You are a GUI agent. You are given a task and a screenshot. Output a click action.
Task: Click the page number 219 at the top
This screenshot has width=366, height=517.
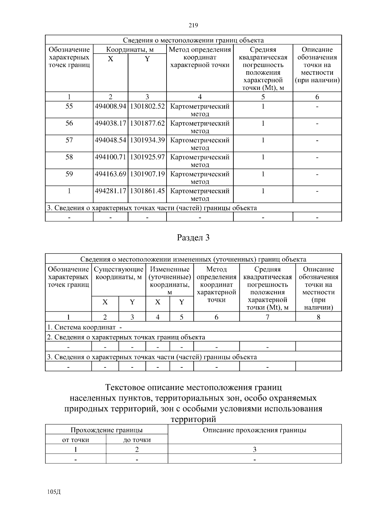pos(193,25)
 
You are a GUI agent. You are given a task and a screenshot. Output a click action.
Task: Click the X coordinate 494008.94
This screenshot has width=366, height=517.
pos(110,106)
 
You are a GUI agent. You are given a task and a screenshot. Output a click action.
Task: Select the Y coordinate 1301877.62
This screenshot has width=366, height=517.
pos(147,123)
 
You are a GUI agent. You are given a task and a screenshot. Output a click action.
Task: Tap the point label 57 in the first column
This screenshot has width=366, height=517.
pos(69,140)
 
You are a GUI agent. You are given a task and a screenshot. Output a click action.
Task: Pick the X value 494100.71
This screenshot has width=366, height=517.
pos(110,157)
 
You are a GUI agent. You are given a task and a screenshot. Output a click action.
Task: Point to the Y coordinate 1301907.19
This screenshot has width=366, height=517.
pos(147,174)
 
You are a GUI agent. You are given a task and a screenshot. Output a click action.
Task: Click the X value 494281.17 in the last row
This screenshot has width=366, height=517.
pos(110,191)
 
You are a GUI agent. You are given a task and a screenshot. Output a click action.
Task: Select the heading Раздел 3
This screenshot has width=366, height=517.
pos(193,238)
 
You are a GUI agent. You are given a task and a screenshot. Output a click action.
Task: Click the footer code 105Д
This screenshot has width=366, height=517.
pos(54,492)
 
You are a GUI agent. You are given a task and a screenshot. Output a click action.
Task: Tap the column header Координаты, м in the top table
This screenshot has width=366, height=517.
pos(130,49)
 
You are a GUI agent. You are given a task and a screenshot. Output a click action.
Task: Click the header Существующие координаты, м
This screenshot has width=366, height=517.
pos(118,273)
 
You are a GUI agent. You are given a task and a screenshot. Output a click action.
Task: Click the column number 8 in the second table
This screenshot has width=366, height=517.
pos(318,317)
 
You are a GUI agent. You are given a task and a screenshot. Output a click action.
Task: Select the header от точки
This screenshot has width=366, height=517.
pos(76,440)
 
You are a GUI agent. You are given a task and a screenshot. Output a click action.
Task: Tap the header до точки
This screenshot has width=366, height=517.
pos(137,440)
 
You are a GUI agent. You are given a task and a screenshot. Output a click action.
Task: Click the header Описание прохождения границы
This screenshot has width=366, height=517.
pos(254,430)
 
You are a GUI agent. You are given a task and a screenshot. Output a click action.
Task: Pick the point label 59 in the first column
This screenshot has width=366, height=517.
pos(69,174)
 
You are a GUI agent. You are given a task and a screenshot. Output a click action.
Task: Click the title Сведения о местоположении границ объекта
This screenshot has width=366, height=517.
pos(193,40)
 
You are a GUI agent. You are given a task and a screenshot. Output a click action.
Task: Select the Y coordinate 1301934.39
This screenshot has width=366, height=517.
pos(147,140)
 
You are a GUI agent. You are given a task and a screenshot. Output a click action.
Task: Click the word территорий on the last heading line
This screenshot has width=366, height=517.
pos(193,419)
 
